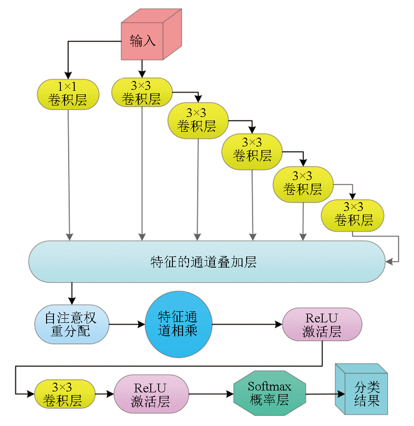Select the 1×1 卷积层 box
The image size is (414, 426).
click(68, 94)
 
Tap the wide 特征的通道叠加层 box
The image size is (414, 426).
click(206, 262)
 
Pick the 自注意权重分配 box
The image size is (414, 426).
click(71, 324)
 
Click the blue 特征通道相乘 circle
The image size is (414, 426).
click(178, 324)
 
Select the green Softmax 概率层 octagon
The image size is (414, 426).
click(270, 394)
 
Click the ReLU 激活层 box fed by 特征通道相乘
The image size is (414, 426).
click(322, 325)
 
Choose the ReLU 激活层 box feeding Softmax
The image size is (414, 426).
click(151, 394)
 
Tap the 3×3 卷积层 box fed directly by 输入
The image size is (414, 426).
click(142, 92)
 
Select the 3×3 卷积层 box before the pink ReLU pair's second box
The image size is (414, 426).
click(65, 394)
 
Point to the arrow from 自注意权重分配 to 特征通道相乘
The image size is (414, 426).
click(127, 324)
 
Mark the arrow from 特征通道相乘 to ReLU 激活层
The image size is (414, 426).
click(247, 324)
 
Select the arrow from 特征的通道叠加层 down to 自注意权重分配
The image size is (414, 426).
click(71, 293)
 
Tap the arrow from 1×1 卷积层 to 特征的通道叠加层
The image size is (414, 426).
click(69, 175)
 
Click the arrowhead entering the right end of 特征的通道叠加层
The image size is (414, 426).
click(390, 262)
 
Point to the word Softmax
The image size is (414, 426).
click(270, 386)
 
